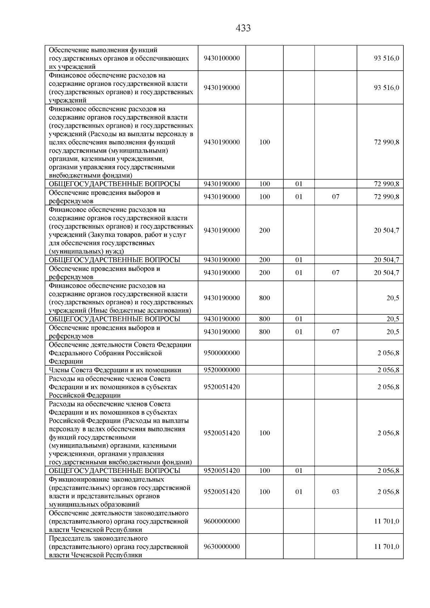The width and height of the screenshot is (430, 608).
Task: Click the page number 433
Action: click(243, 28)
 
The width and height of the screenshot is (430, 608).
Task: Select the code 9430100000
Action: click(221, 58)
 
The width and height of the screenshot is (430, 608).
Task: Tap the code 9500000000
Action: click(221, 353)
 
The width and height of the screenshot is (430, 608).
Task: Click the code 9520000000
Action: click(221, 370)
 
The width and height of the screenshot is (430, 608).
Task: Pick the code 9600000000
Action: click(221, 521)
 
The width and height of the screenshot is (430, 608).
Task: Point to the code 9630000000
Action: click(221, 547)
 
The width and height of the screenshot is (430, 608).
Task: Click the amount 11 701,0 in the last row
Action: click(387, 547)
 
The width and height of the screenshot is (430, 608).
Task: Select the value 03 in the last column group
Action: click(335, 492)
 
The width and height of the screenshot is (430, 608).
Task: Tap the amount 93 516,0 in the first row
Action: click(387, 58)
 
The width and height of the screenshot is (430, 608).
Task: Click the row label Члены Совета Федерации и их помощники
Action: click(115, 370)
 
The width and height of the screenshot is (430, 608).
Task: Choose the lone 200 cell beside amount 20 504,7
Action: click(264, 230)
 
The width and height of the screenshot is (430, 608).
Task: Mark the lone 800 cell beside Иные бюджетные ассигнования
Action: click(264, 298)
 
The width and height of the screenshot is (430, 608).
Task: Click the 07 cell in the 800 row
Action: click(335, 332)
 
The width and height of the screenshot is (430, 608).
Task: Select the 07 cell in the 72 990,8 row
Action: click(335, 197)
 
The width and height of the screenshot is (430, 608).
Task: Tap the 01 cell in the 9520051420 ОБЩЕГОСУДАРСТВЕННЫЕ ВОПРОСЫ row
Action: click(299, 471)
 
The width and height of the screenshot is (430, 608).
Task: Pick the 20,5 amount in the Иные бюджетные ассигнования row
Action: click(393, 298)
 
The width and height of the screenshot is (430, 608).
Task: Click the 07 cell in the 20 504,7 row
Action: click(335, 273)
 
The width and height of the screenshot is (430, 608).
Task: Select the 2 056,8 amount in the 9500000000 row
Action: click(388, 353)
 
